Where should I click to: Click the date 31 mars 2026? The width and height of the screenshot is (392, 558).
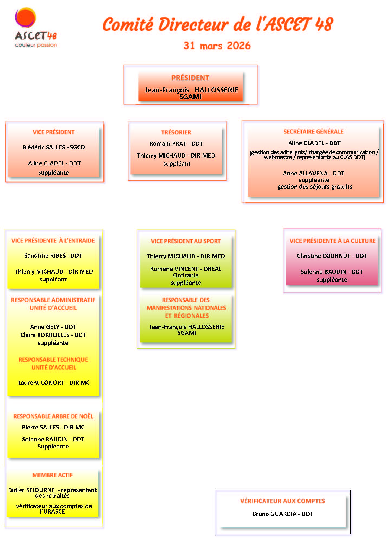pyautogui.click(x=217, y=46)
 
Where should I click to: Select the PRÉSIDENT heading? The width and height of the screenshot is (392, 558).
pyautogui.click(x=190, y=78)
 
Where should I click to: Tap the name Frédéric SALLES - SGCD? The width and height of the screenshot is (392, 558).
pyautogui.click(x=53, y=147)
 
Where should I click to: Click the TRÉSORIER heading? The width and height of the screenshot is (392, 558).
pyautogui.click(x=176, y=132)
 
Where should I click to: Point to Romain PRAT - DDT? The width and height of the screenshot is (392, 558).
pyautogui.click(x=176, y=143)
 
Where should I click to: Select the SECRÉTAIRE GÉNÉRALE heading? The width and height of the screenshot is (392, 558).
pyautogui.click(x=313, y=132)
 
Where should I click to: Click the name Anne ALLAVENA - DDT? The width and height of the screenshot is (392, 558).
pyautogui.click(x=313, y=173)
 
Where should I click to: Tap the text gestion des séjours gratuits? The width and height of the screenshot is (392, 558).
pyautogui.click(x=315, y=187)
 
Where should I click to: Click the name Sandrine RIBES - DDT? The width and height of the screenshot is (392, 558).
pyautogui.click(x=53, y=255)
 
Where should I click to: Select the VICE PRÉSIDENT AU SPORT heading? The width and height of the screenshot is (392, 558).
pyautogui.click(x=186, y=241)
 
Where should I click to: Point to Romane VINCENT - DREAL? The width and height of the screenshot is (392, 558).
pyautogui.click(x=186, y=269)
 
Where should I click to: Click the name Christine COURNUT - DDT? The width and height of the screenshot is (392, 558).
pyautogui.click(x=332, y=256)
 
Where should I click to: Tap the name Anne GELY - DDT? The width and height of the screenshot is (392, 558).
pyautogui.click(x=53, y=327)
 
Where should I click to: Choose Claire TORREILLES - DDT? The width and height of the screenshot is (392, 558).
pyautogui.click(x=53, y=335)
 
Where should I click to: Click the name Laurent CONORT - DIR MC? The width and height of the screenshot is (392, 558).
pyautogui.click(x=54, y=383)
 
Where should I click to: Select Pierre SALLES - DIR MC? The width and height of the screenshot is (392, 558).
pyautogui.click(x=53, y=427)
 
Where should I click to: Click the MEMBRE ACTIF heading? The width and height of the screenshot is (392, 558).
pyautogui.click(x=53, y=475)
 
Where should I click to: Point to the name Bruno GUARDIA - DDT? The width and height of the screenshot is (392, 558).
pyautogui.click(x=283, y=514)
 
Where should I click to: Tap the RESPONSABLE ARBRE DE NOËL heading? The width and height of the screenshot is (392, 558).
pyautogui.click(x=53, y=416)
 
